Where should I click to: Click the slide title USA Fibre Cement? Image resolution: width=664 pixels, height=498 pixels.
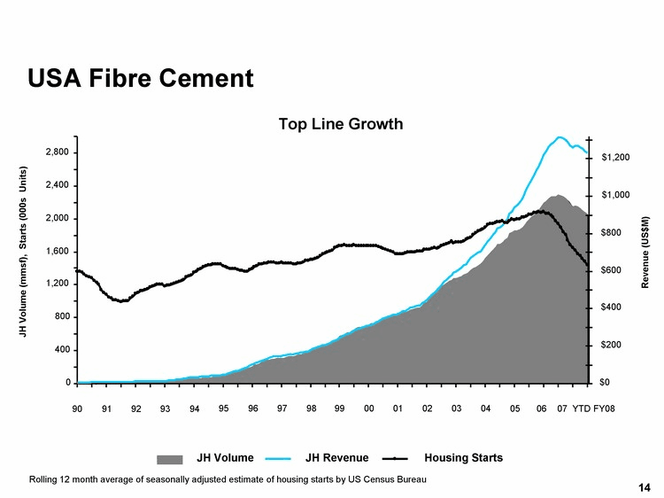(x=141, y=78)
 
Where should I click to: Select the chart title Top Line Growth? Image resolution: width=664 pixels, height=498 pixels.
(x=341, y=124)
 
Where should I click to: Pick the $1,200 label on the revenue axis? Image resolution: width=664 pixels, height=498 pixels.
(x=615, y=158)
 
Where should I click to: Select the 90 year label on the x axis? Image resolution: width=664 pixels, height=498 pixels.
(x=77, y=409)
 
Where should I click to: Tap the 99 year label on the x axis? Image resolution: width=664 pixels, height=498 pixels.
(x=340, y=409)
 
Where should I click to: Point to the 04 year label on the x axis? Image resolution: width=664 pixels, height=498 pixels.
(x=486, y=409)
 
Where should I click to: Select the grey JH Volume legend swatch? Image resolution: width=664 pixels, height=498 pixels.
(x=171, y=459)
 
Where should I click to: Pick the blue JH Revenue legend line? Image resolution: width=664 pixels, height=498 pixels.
(x=278, y=459)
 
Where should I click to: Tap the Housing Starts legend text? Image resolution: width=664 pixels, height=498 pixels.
(x=463, y=458)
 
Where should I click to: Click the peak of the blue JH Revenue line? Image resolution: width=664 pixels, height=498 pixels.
(x=560, y=137)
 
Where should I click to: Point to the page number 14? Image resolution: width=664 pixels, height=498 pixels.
(x=644, y=488)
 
